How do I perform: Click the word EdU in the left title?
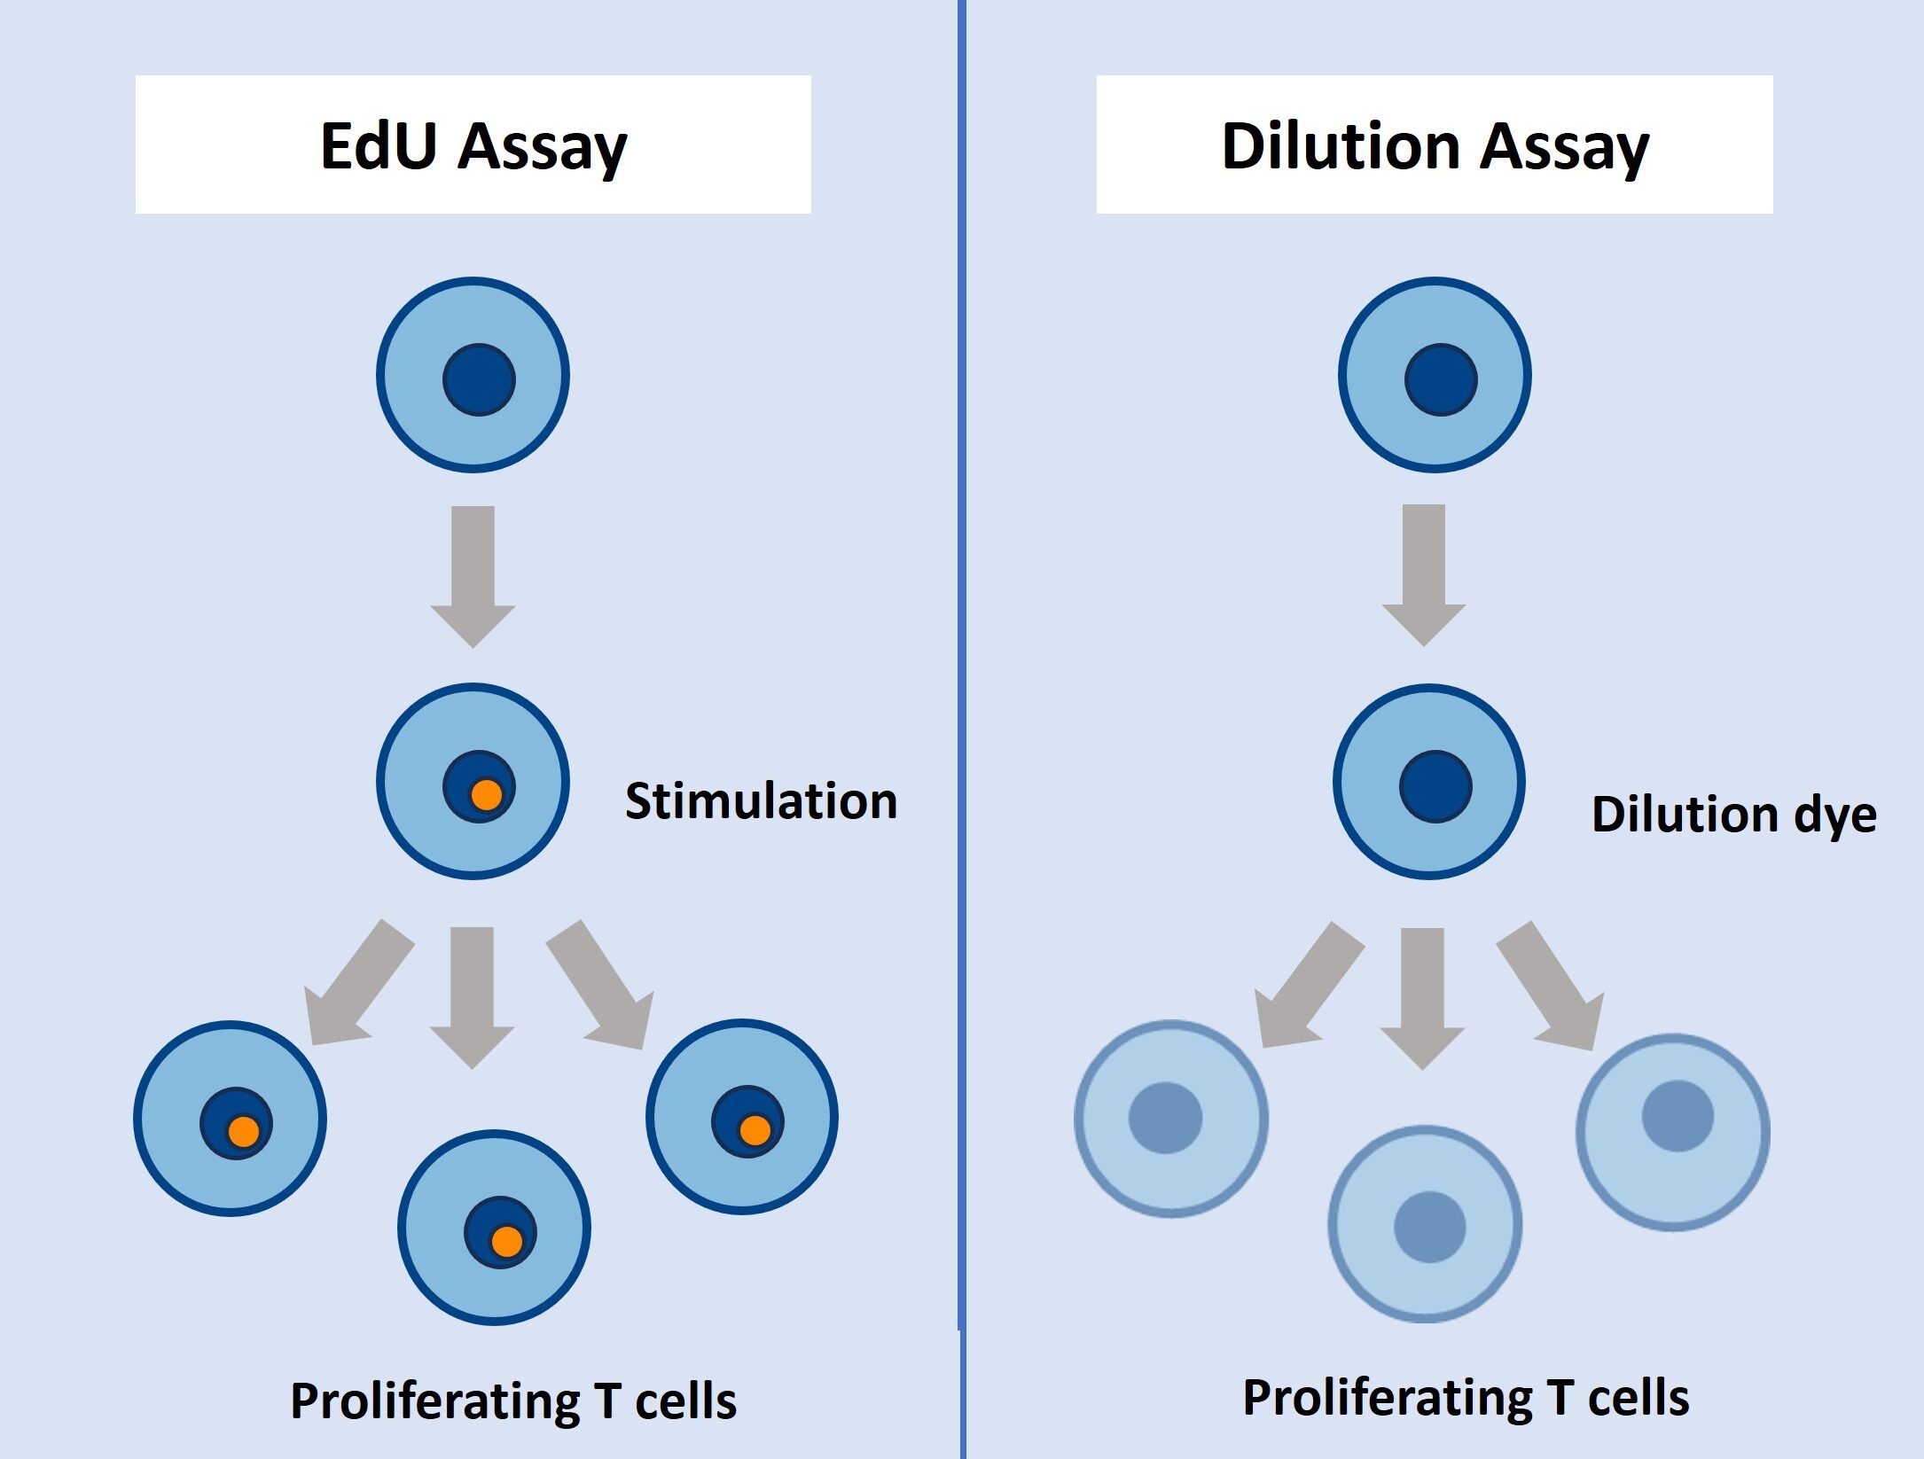pos(379,146)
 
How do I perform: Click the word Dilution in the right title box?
pos(1339,146)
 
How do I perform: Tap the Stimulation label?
pos(761,801)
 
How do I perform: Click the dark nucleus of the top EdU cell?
pos(479,379)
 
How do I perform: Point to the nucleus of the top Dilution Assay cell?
pos(1441,379)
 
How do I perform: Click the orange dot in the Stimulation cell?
pos(486,795)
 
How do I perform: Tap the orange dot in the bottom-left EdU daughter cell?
pos(243,1132)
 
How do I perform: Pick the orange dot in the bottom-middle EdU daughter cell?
pos(506,1241)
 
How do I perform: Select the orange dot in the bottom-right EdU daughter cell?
pos(755,1130)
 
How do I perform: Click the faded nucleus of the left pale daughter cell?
pos(1165,1118)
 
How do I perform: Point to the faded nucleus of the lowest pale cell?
pos(1429,1227)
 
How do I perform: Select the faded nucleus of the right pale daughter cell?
pos(1678,1116)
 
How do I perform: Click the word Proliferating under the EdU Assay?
pos(434,1401)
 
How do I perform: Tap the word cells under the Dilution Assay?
pos(1638,1398)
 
